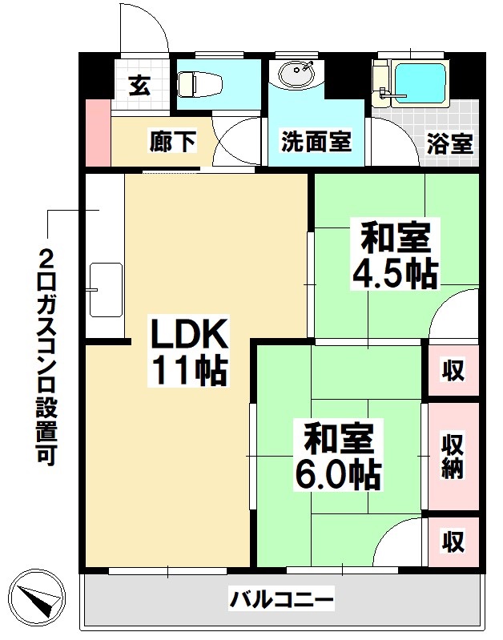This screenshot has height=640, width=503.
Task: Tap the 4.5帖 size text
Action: (x=395, y=275)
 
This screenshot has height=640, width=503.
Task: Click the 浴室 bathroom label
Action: (x=449, y=143)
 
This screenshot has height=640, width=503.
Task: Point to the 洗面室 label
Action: (x=316, y=142)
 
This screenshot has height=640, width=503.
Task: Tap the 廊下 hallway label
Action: (x=172, y=142)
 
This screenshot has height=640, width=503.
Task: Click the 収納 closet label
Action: (x=453, y=456)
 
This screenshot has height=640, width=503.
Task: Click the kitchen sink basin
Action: (x=104, y=288)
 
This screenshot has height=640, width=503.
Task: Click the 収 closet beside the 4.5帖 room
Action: (x=453, y=370)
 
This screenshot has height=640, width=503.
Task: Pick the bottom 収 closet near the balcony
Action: (x=453, y=542)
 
